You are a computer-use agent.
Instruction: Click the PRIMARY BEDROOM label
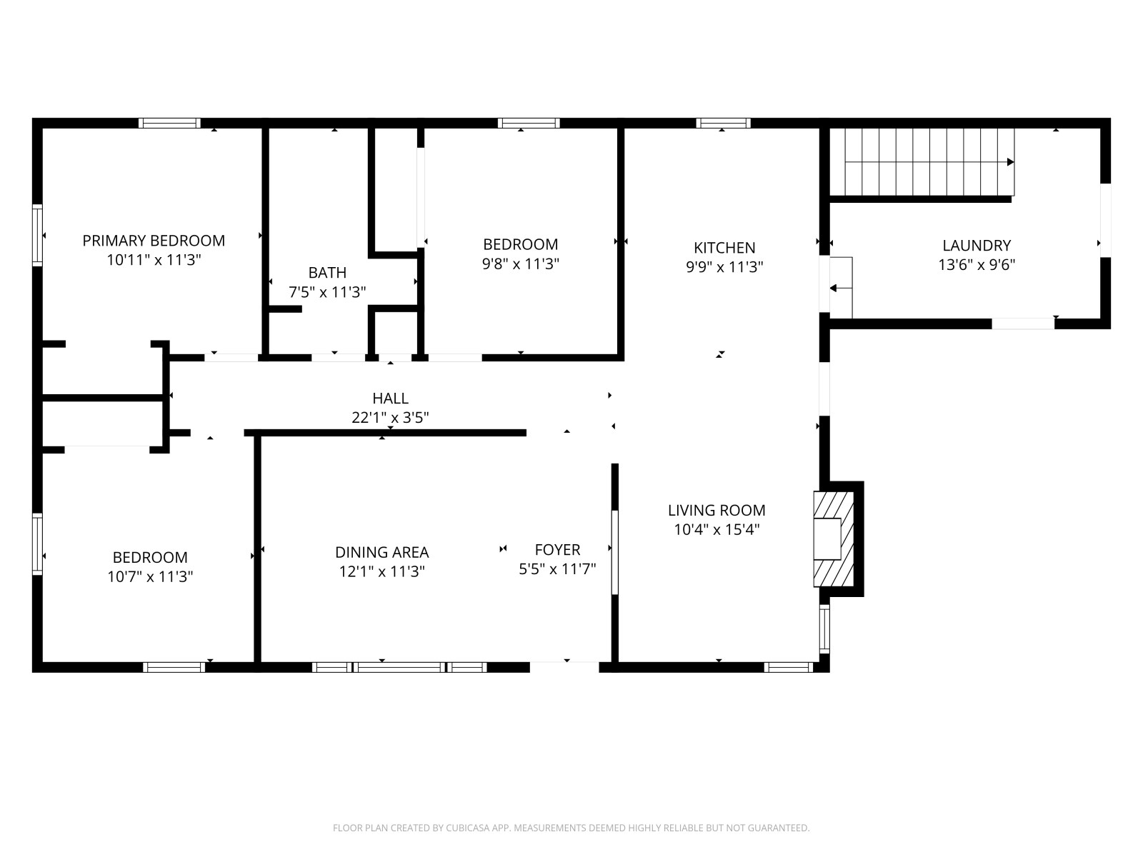click(154, 241)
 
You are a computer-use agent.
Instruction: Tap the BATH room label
click(327, 273)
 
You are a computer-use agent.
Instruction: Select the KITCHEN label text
click(724, 248)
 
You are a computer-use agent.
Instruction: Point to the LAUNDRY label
click(977, 246)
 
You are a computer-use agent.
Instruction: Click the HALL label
click(390, 399)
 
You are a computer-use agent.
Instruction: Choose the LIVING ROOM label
click(717, 511)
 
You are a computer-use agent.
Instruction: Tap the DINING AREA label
click(381, 552)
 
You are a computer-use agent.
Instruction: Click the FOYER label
click(557, 550)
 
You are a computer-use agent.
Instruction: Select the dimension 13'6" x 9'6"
click(977, 265)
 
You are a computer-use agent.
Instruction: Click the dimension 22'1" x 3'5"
click(390, 418)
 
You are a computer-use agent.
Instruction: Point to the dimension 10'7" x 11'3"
click(150, 577)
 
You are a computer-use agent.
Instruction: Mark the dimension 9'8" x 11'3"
click(520, 264)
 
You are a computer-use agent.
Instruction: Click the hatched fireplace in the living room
click(833, 539)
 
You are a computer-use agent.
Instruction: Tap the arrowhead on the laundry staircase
click(1010, 162)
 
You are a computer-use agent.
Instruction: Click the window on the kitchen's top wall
click(723, 124)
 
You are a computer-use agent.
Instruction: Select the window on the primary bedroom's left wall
click(37, 235)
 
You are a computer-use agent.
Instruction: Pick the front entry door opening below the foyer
click(564, 667)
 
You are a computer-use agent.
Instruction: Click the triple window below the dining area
click(399, 667)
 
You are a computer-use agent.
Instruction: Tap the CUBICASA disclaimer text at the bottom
click(571, 827)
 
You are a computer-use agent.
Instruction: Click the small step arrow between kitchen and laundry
click(840, 288)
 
